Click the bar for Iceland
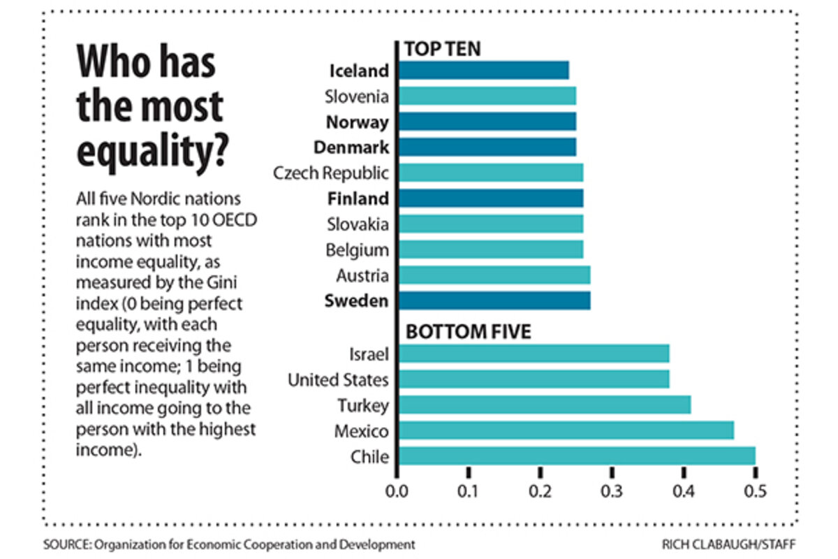[x=483, y=71]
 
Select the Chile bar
[x=576, y=456]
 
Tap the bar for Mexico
[x=566, y=430]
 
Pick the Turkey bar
[x=544, y=405]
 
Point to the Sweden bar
[x=494, y=301]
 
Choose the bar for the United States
[x=534, y=379]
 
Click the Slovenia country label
[x=356, y=96]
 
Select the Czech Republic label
[x=331, y=173]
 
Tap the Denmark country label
[x=351, y=147]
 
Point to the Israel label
[x=369, y=354]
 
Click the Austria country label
[x=362, y=276]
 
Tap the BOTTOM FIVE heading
[x=468, y=331]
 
